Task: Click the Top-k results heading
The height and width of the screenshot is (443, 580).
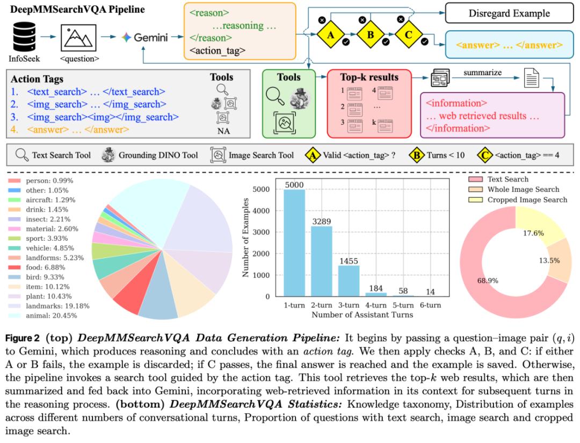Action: pyautogui.click(x=369, y=77)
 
